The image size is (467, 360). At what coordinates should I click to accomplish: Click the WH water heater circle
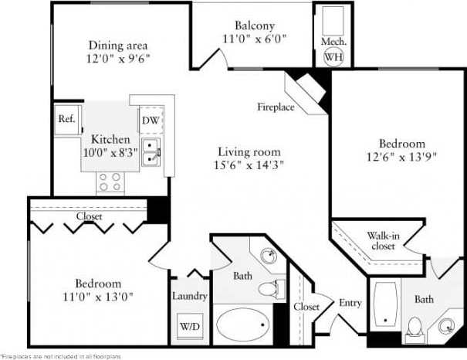333,56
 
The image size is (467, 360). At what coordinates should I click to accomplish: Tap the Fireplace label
276,107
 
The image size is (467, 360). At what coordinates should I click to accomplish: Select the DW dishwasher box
150,120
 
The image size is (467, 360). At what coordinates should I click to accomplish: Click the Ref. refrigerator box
66,120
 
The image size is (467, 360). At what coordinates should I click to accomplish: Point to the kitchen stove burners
110,182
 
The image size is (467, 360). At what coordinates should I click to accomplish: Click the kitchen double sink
151,152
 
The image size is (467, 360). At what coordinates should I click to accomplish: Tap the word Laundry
190,296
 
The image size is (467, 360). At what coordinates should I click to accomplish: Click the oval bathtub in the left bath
243,324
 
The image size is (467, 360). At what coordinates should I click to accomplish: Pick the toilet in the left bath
269,290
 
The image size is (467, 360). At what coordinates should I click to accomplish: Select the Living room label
249,151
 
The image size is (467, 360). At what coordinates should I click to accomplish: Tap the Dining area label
117,45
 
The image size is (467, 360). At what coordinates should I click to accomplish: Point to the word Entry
350,303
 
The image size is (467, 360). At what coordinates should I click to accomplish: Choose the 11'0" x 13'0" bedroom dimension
98,296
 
